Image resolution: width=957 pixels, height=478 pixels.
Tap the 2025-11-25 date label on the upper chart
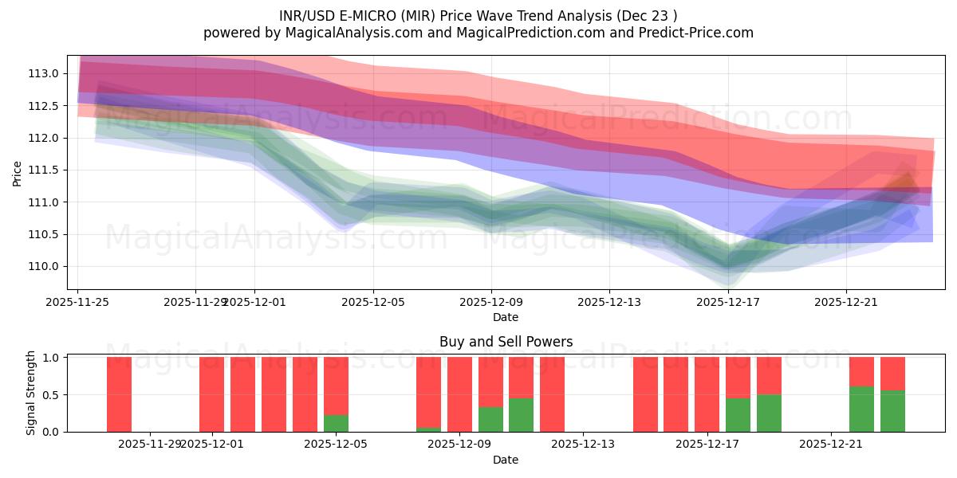point(77,303)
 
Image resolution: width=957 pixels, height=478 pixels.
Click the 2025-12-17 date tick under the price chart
point(728,303)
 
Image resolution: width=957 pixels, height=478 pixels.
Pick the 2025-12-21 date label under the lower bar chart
point(831,444)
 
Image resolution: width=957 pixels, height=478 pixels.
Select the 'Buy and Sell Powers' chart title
point(506,342)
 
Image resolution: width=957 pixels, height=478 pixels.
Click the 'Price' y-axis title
point(18,172)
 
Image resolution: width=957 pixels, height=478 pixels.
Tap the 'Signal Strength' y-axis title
point(30,393)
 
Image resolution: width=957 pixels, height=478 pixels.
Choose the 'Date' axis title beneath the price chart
point(506,317)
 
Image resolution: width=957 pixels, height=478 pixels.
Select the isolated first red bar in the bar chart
point(119,394)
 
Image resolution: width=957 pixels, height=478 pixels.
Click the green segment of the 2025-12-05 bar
point(336,423)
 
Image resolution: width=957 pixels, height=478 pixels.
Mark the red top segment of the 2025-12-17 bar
point(738,377)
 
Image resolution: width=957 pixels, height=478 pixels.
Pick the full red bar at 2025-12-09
point(459,394)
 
